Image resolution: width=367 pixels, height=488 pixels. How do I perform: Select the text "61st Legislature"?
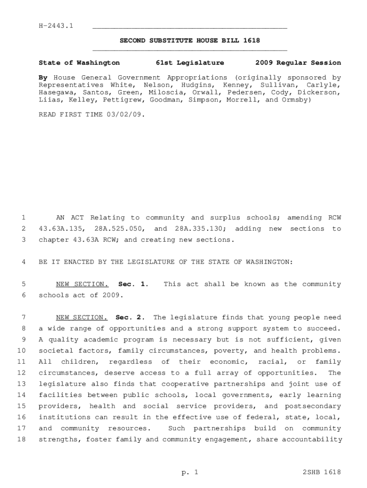point(190,63)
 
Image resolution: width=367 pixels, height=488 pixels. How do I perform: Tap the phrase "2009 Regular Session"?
point(298,63)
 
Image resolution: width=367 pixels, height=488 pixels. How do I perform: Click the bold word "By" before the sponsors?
point(43,78)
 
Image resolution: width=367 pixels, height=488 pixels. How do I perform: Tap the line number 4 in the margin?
point(23,262)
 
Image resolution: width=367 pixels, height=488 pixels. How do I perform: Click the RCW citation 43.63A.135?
point(60,229)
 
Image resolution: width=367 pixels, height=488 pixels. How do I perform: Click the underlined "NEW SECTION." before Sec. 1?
point(82,285)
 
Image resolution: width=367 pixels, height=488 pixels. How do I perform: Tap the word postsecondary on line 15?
point(313,407)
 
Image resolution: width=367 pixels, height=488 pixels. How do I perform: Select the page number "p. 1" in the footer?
point(189,473)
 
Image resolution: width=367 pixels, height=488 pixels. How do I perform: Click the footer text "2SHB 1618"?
point(322,473)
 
